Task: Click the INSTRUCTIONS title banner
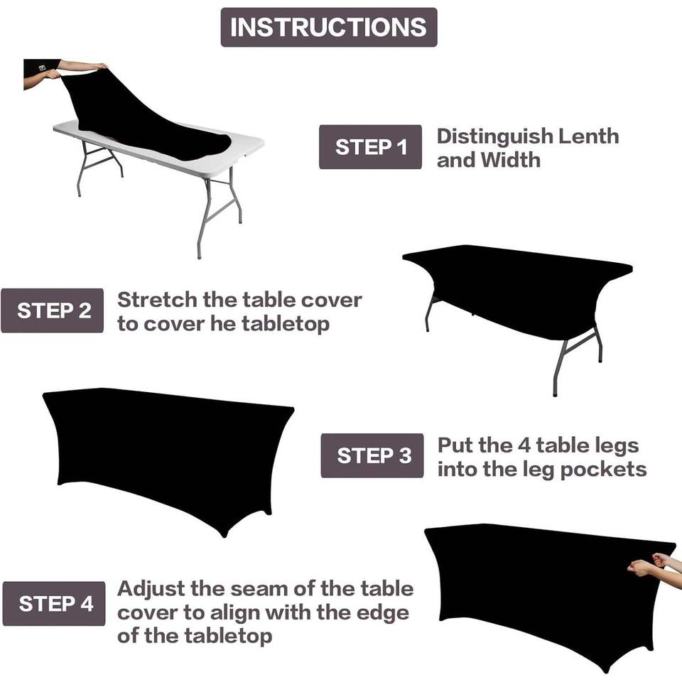coord(329,27)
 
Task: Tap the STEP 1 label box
coord(371,147)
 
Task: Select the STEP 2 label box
coord(52,310)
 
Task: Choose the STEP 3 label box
coord(372,455)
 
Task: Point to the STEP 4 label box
coord(54,603)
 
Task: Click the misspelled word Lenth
coord(588,136)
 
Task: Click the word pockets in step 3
coord(603,470)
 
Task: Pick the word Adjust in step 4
coord(151,590)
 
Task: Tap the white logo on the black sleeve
coord(42,68)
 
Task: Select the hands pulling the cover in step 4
coord(649,563)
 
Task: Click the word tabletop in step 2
coord(286,325)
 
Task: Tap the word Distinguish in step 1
coord(494,137)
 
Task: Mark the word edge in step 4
coord(383,614)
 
